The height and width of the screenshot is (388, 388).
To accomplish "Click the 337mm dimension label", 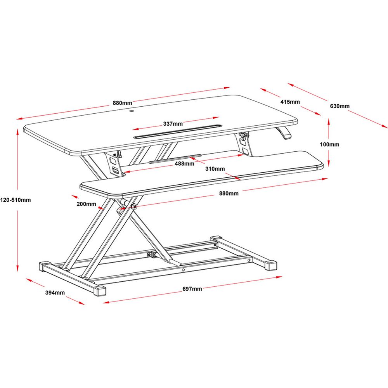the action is pyautogui.click(x=173, y=124).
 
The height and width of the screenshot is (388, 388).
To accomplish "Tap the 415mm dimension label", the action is pyautogui.click(x=290, y=102).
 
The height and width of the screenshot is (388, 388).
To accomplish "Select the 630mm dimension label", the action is pyautogui.click(x=340, y=106).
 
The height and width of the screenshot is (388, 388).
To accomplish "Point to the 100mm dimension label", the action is pyautogui.click(x=329, y=144).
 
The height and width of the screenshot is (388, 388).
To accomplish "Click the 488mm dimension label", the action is pyautogui.click(x=184, y=164).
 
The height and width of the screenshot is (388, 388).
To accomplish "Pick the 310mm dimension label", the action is pyautogui.click(x=215, y=169).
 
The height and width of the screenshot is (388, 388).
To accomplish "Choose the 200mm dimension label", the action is pyautogui.click(x=86, y=204).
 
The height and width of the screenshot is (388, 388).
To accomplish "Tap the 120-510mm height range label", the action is pyautogui.click(x=16, y=200).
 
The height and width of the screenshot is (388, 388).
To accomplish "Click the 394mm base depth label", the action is pyautogui.click(x=55, y=293).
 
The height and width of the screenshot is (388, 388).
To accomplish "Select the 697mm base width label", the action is pyautogui.click(x=192, y=289).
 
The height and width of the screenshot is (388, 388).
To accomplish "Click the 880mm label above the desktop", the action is pyautogui.click(x=123, y=103).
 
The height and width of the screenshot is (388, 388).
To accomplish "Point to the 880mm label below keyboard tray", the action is pyautogui.click(x=229, y=193).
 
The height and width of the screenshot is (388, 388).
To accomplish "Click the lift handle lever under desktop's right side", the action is pyautogui.click(x=284, y=133).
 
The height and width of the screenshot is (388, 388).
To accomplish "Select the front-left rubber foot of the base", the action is pyautogui.click(x=100, y=291).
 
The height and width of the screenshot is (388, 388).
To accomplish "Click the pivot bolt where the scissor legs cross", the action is pyautogui.click(x=134, y=206).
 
